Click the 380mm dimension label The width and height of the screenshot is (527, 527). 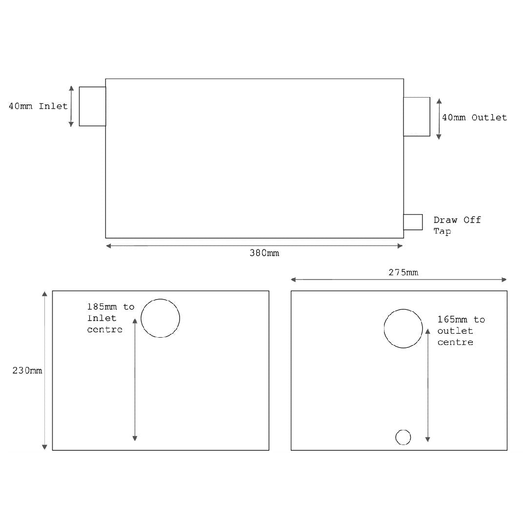coord(264,253)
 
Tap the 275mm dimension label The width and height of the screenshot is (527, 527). coord(403,272)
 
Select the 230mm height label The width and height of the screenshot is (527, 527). coord(27,371)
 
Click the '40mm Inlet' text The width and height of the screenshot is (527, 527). coord(38,106)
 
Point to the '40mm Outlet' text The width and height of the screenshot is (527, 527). coord(474,118)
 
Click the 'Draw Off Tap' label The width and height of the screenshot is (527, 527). coord(457,225)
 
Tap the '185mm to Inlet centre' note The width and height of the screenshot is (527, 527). coord(110,318)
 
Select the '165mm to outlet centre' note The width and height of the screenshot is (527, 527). coord(461,331)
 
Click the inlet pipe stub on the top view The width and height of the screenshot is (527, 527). coord(92,106)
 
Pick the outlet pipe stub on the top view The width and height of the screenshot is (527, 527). coord(416,117)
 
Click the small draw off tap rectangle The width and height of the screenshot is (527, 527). coord(413,222)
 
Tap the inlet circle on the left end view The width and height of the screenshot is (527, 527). coord(160,318)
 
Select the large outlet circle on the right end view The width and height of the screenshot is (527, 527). coord(403,328)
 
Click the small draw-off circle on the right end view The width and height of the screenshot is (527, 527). coord(403,437)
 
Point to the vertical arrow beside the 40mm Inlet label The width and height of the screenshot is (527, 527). coord(71,106)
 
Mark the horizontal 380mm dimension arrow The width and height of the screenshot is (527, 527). coord(195,246)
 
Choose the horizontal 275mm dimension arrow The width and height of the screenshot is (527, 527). coord(342,280)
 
